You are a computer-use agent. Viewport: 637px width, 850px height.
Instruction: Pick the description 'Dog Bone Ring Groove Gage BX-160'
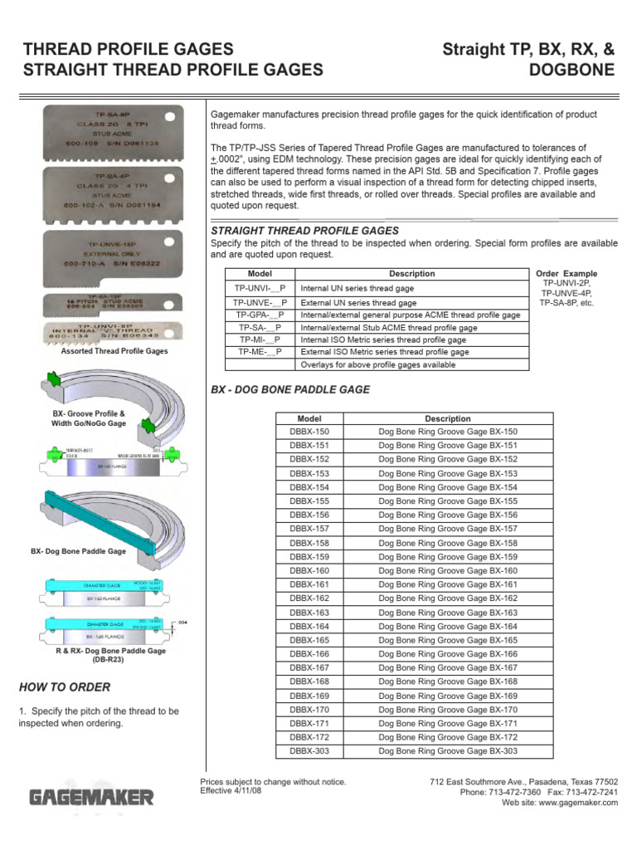pyautogui.click(x=448, y=571)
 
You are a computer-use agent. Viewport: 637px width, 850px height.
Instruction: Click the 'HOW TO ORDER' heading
pyautogui.click(x=65, y=687)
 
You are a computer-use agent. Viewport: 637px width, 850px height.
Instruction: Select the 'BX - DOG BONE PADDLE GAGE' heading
pyautogui.click(x=292, y=389)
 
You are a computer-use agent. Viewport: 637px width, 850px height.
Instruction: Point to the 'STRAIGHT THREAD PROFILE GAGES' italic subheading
pyautogui.click(x=306, y=231)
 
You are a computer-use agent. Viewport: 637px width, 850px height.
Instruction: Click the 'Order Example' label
pyautogui.click(x=566, y=274)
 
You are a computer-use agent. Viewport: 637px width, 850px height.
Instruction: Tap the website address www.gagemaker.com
pyautogui.click(x=572, y=804)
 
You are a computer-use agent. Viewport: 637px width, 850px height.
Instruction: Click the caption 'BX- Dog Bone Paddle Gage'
pyautogui.click(x=78, y=551)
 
